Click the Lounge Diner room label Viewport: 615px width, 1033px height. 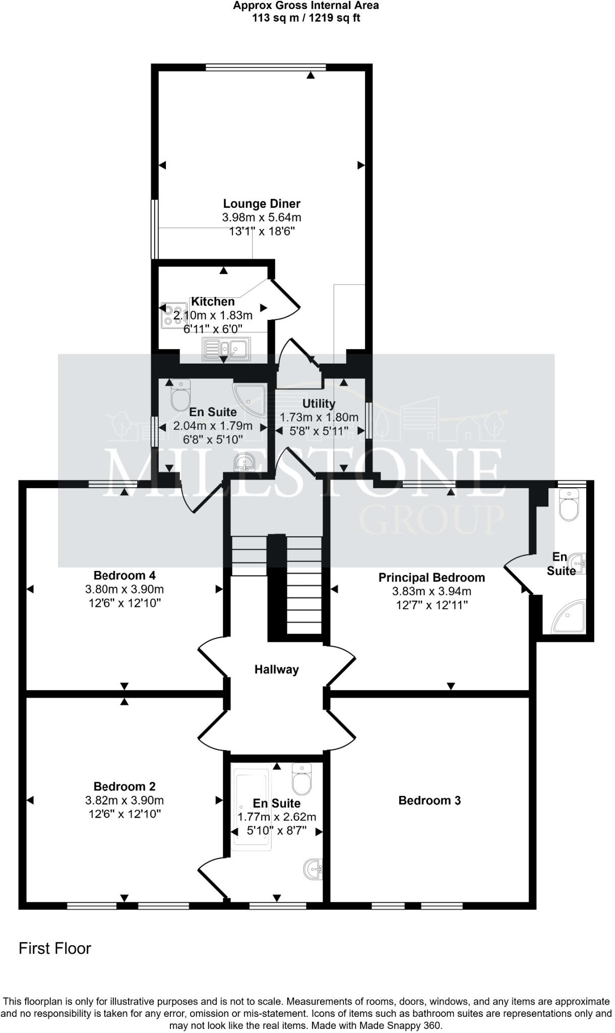click(x=262, y=204)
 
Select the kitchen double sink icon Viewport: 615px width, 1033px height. click(x=226, y=349)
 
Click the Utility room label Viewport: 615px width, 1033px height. click(x=319, y=404)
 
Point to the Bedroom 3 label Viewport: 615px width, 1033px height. click(x=429, y=800)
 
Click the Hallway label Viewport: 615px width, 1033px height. click(x=276, y=669)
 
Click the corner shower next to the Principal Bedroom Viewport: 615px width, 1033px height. click(x=570, y=616)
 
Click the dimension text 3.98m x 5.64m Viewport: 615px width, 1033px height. click(x=262, y=218)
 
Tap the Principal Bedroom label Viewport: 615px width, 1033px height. click(x=432, y=578)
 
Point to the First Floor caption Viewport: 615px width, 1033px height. click(x=55, y=948)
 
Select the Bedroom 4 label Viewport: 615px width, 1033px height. click(x=125, y=575)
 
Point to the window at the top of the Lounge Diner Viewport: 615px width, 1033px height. click(x=266, y=67)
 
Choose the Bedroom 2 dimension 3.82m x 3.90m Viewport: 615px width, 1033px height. click(x=125, y=800)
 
